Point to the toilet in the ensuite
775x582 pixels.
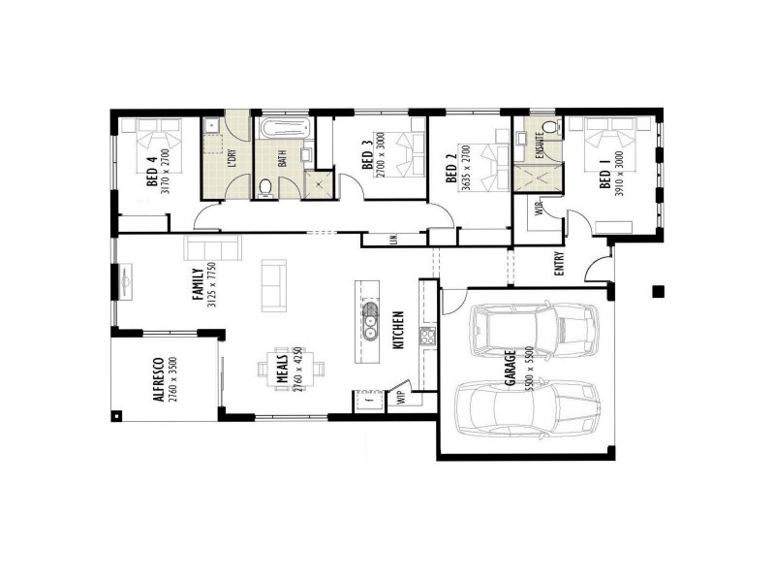(549, 127)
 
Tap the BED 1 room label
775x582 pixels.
(605, 179)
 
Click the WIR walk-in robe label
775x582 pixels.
(540, 210)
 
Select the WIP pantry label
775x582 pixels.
(399, 396)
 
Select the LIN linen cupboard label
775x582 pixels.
(394, 239)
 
